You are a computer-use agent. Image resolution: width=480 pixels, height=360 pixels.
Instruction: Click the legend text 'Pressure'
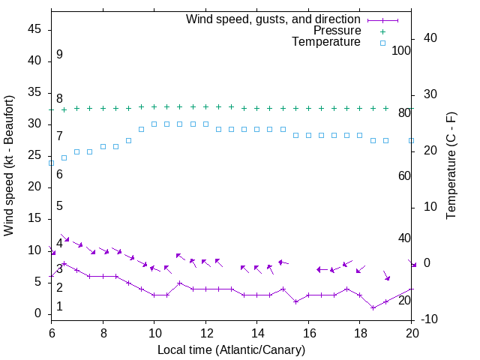coord(337,31)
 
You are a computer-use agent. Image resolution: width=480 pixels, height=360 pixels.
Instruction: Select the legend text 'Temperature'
coord(326,43)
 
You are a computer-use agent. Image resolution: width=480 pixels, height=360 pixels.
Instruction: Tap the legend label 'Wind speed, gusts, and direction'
coord(274,19)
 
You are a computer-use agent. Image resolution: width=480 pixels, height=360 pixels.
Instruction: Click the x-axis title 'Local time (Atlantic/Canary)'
coord(232,349)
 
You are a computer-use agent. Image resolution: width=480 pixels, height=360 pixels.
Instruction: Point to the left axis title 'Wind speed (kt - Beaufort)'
coord(9,165)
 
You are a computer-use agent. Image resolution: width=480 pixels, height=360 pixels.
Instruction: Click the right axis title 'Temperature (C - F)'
coord(451,165)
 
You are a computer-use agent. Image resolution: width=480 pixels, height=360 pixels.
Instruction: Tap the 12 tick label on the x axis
coord(205,331)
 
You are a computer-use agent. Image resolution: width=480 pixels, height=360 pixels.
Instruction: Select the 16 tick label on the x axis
coord(308,331)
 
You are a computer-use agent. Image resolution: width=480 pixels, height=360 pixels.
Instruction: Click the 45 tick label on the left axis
coord(34,29)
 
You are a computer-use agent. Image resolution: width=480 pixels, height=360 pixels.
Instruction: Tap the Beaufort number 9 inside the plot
coord(59,55)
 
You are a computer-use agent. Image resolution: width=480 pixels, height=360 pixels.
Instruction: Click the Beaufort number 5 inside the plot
coord(59,206)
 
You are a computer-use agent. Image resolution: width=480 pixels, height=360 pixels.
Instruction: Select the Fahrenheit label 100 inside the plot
coord(401,50)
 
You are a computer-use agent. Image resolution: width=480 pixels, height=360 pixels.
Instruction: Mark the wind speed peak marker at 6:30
coord(64,263)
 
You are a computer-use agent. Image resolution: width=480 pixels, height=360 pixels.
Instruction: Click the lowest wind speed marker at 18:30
coord(373,307)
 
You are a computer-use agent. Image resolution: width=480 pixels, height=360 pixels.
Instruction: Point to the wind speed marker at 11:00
coord(180,283)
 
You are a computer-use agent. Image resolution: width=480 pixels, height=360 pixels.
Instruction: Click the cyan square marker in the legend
coord(382,43)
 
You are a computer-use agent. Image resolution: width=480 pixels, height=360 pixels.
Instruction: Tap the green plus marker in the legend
coord(382,31)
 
